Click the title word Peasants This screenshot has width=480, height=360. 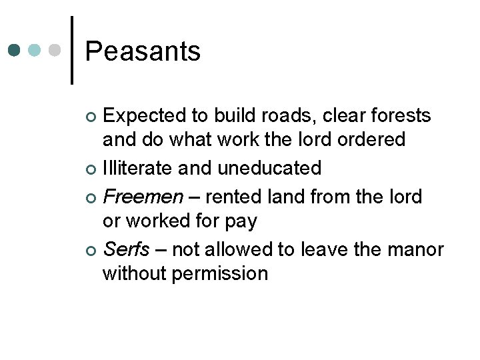tap(143, 51)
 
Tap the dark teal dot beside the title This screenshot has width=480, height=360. tap(15, 51)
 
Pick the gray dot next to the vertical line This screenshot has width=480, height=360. tap(55, 51)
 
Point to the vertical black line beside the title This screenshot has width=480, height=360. tap(71, 50)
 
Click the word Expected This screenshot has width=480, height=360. tap(144, 117)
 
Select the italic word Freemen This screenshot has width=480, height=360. tap(143, 197)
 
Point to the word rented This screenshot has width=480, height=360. tap(230, 197)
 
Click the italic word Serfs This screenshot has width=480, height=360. tap(127, 249)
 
